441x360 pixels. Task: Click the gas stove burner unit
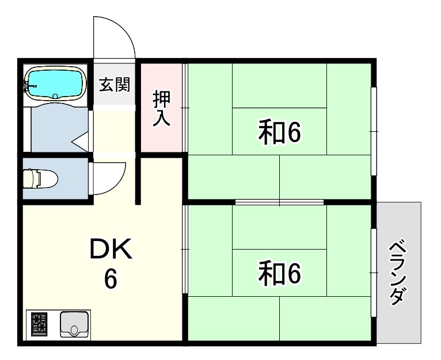tap(40, 324)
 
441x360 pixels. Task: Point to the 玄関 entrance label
tap(115, 85)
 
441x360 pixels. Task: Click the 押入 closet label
tap(161, 109)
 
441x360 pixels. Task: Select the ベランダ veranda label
tap(398, 273)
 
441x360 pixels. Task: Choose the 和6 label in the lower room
tap(280, 274)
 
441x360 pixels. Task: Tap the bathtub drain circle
tap(56, 96)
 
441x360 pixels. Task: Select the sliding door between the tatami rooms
tap(279, 202)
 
